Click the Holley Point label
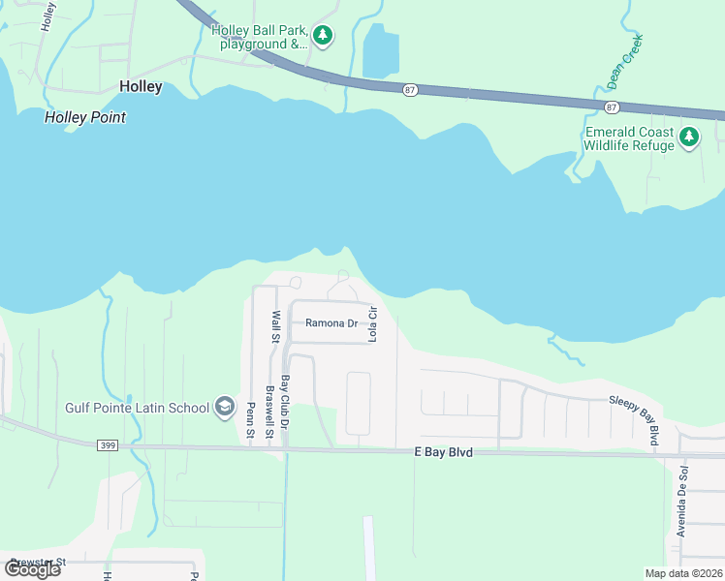coord(85,117)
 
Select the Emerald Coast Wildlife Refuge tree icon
coord(689,138)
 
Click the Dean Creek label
coord(625,57)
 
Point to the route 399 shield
coord(108,445)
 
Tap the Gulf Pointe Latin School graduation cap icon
coord(225,407)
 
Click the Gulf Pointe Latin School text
coord(137,408)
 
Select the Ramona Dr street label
coord(331,323)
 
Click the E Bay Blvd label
coord(443,452)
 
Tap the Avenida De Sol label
coord(682,501)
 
